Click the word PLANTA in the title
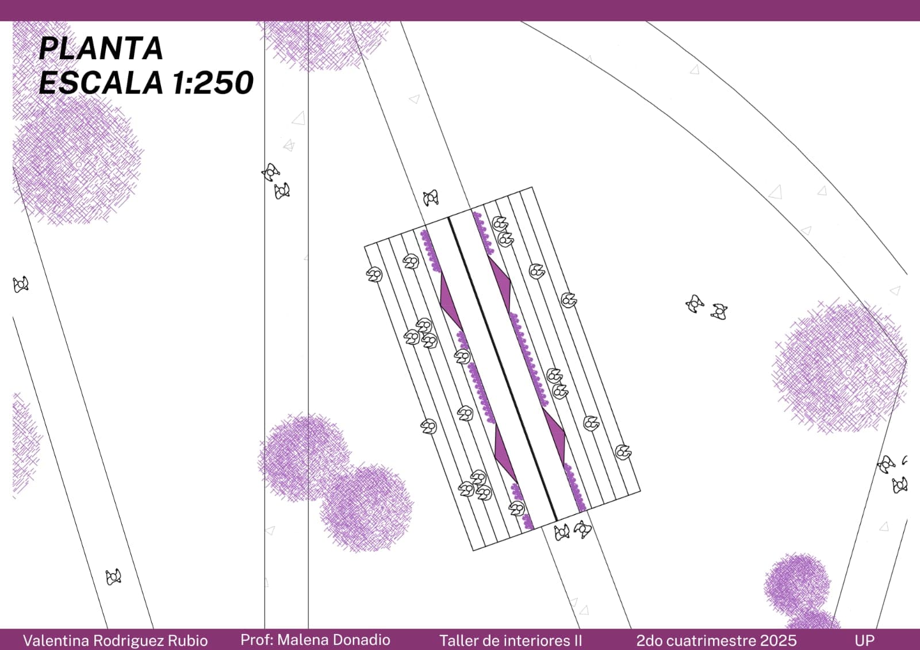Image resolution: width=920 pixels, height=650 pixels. [101, 49]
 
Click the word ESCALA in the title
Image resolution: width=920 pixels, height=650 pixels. [100, 83]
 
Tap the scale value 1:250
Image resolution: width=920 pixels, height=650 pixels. [212, 83]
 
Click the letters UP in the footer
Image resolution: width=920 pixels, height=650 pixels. [865, 641]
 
